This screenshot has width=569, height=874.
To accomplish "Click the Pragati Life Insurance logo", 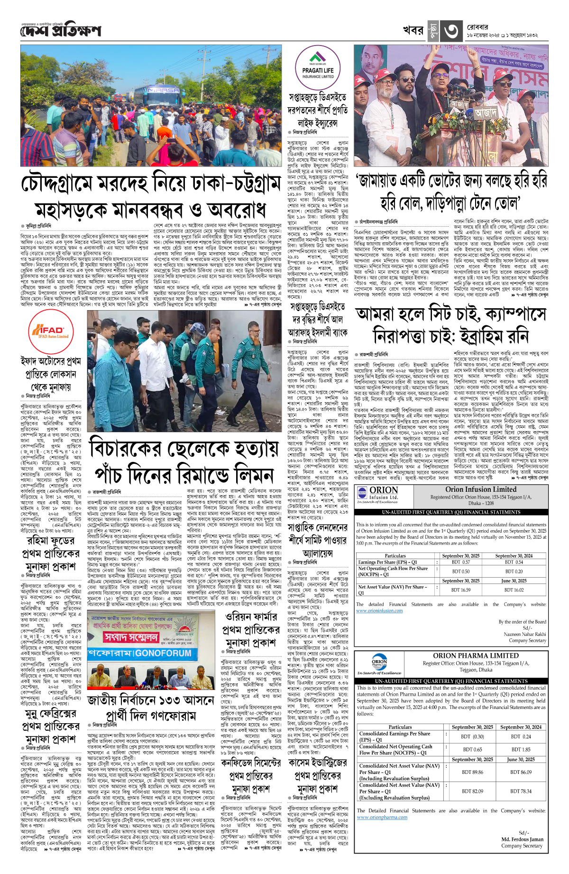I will [318, 66].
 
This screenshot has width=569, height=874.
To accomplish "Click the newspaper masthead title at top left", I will [61, 31].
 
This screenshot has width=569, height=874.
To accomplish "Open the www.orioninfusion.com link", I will [379, 610].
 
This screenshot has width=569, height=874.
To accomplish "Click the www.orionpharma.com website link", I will [382, 817].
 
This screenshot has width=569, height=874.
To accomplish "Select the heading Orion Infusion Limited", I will [481, 489].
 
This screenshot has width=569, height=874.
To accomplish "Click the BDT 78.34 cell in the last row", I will [520, 791].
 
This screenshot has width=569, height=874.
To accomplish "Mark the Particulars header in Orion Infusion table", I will [395, 555].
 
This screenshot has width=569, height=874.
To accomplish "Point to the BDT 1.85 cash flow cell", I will [521, 749].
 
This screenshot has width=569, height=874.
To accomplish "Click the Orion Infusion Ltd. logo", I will [378, 494].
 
